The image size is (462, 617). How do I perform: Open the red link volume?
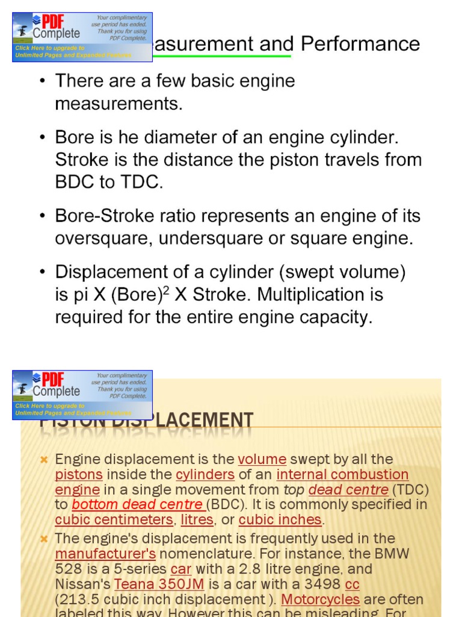[262, 460]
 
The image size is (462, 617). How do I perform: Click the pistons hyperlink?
[79, 475]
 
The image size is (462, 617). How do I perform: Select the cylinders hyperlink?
[205, 475]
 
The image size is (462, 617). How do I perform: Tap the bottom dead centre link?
[138, 505]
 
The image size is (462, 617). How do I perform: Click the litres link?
[197, 520]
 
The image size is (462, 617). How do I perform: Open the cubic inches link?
[280, 520]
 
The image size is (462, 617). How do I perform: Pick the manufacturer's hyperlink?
[105, 554]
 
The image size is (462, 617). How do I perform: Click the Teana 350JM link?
[159, 584]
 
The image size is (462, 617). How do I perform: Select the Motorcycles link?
[320, 600]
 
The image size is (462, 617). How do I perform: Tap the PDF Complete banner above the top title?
[82, 37]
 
